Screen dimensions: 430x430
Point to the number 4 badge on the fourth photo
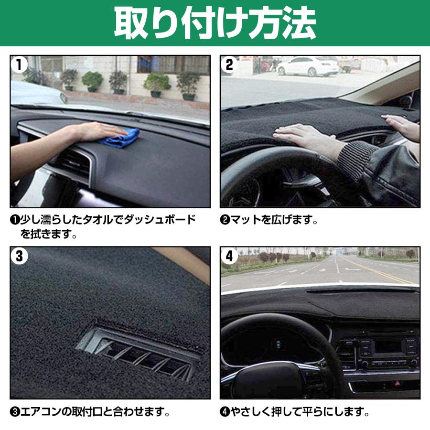point(229,257)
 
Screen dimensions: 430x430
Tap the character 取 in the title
point(134,23)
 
